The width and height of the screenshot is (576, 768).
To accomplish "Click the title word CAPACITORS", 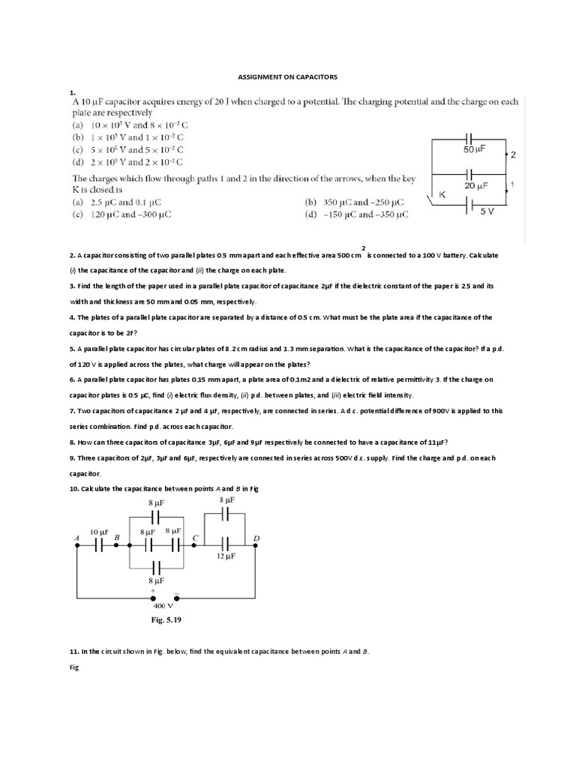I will (315, 76).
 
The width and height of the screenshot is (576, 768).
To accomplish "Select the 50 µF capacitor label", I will (475, 151).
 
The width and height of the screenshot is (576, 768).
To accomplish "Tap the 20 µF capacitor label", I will (475, 185).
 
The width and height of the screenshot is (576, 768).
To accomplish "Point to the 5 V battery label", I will (487, 212).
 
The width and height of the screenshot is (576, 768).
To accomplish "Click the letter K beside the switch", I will (442, 195).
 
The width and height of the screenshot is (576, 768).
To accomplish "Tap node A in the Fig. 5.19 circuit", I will (76, 545).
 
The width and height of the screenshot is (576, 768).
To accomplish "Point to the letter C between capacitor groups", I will (196, 537).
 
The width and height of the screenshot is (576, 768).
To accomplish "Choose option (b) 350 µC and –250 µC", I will (354, 202).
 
